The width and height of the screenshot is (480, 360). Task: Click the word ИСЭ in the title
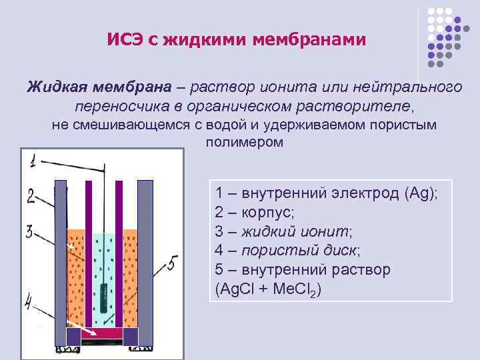[x=125, y=40]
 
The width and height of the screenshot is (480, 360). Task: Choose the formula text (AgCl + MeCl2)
[x=268, y=290]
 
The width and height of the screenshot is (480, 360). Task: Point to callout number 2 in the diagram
[x=31, y=195]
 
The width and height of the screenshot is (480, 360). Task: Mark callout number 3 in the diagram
[x=29, y=231]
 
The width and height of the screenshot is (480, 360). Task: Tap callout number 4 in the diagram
[x=29, y=303]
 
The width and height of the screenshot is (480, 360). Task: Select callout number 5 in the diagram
[x=171, y=265]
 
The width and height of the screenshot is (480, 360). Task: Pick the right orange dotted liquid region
[x=130, y=280]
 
